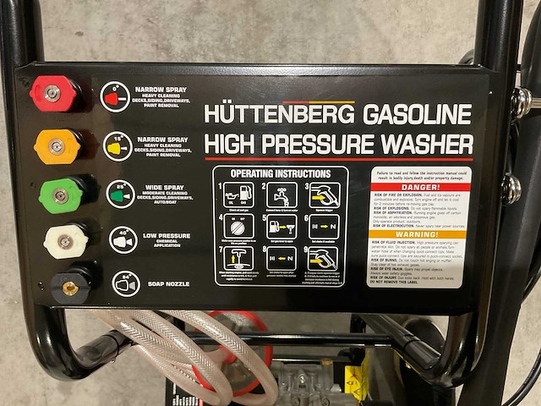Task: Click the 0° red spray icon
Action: point(115,96)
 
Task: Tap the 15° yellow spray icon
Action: point(118,145)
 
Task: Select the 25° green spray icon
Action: point(121,194)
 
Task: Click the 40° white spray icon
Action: point(123,239)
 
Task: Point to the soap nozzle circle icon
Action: point(126,283)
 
